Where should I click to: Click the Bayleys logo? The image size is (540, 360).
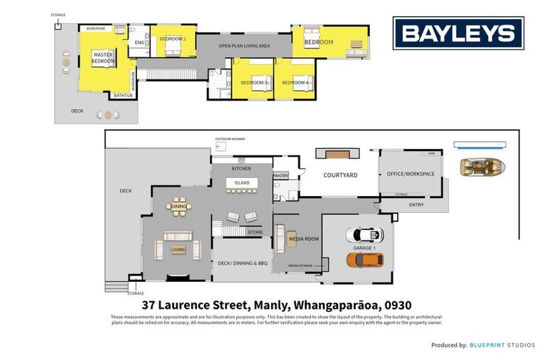click(x=458, y=33)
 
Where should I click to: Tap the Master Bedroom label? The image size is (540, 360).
click(x=103, y=58)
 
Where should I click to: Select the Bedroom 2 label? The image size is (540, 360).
click(x=172, y=39)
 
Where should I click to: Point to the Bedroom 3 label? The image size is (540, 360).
click(x=254, y=83)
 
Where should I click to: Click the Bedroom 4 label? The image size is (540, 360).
click(x=295, y=83)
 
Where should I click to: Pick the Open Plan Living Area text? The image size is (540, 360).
click(x=244, y=46)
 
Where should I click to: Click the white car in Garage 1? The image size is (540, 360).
click(x=365, y=234)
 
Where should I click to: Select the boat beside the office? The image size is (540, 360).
click(x=482, y=167)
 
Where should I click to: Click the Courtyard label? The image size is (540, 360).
click(x=340, y=175)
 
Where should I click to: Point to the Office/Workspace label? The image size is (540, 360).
click(x=411, y=174)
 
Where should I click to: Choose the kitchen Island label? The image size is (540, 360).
click(x=242, y=183)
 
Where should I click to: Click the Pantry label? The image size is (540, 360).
click(x=281, y=176)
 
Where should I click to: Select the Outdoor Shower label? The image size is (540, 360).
click(x=230, y=139)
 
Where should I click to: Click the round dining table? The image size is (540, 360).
click(x=179, y=207)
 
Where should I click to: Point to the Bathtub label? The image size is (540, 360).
click(x=122, y=95)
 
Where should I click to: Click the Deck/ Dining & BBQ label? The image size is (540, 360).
click(x=241, y=264)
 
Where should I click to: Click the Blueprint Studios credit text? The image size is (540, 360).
click(x=503, y=345)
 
